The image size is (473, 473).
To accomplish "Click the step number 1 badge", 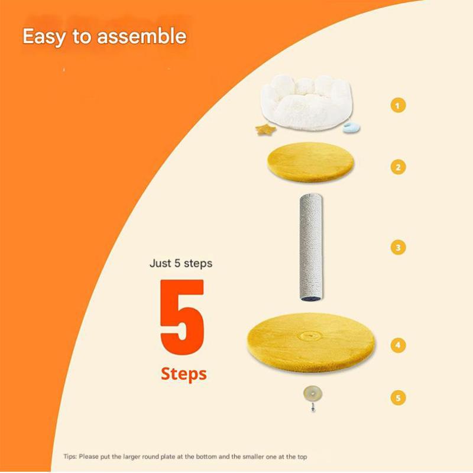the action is [398, 105].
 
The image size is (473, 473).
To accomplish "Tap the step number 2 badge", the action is [398, 167].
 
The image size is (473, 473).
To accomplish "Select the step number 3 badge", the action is [398, 247].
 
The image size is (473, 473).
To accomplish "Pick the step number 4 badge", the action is [398, 345].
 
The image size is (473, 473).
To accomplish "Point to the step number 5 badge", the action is [398, 397].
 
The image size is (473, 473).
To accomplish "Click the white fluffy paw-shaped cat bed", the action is [306, 101].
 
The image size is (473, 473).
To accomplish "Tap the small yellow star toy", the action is [265, 130].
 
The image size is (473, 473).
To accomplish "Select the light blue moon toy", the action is [351, 128].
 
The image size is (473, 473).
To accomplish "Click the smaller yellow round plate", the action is [311, 162].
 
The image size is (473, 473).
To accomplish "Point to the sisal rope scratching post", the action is [311, 247].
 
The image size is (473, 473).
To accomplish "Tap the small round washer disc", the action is [313, 394].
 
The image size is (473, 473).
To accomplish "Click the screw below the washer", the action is [313, 407].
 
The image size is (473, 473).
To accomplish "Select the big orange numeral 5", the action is [182, 317].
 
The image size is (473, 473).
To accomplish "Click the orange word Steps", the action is [184, 374].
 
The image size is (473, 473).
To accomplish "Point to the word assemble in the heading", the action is [141, 36].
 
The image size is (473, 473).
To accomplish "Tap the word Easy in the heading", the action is [44, 37].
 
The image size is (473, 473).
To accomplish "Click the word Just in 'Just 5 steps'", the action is [160, 263].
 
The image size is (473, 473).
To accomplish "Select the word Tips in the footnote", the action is [70, 456].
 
